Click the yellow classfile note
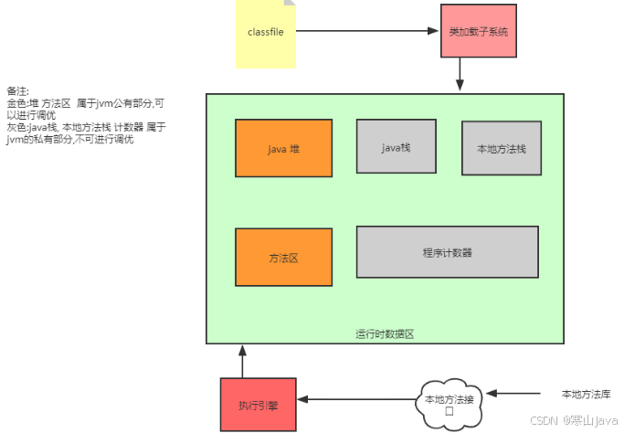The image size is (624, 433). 265,34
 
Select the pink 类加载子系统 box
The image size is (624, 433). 478,31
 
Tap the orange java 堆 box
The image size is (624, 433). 283,148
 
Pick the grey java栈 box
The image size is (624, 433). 395,146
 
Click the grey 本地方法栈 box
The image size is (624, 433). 501,149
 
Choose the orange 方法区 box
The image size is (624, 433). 283,258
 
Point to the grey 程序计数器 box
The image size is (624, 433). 447,252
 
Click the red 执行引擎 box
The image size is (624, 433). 258,404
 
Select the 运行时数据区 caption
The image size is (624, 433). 385,334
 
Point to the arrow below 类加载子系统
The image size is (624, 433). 461,74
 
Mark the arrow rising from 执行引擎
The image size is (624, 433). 242,360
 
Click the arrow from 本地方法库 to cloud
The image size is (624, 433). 515,394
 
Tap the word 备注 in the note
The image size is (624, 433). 17,91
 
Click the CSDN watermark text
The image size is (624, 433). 544,421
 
